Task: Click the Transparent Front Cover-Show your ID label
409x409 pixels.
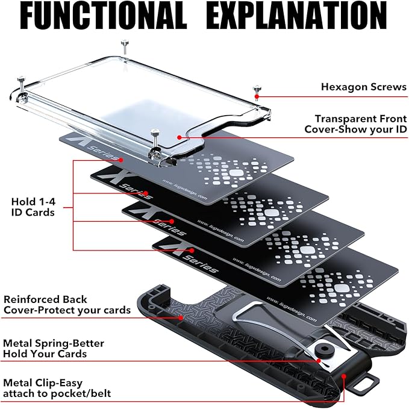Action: pyautogui.click(x=355, y=124)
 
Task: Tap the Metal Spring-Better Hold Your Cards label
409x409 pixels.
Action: pyautogui.click(x=54, y=348)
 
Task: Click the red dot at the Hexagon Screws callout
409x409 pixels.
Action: pyautogui.click(x=257, y=96)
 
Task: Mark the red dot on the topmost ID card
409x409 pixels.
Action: pyautogui.click(x=121, y=160)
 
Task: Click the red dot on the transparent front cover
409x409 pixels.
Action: pyautogui.click(x=179, y=137)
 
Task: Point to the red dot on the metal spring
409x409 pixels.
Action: pyautogui.click(x=319, y=360)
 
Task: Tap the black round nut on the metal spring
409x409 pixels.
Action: pyautogui.click(x=332, y=350)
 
